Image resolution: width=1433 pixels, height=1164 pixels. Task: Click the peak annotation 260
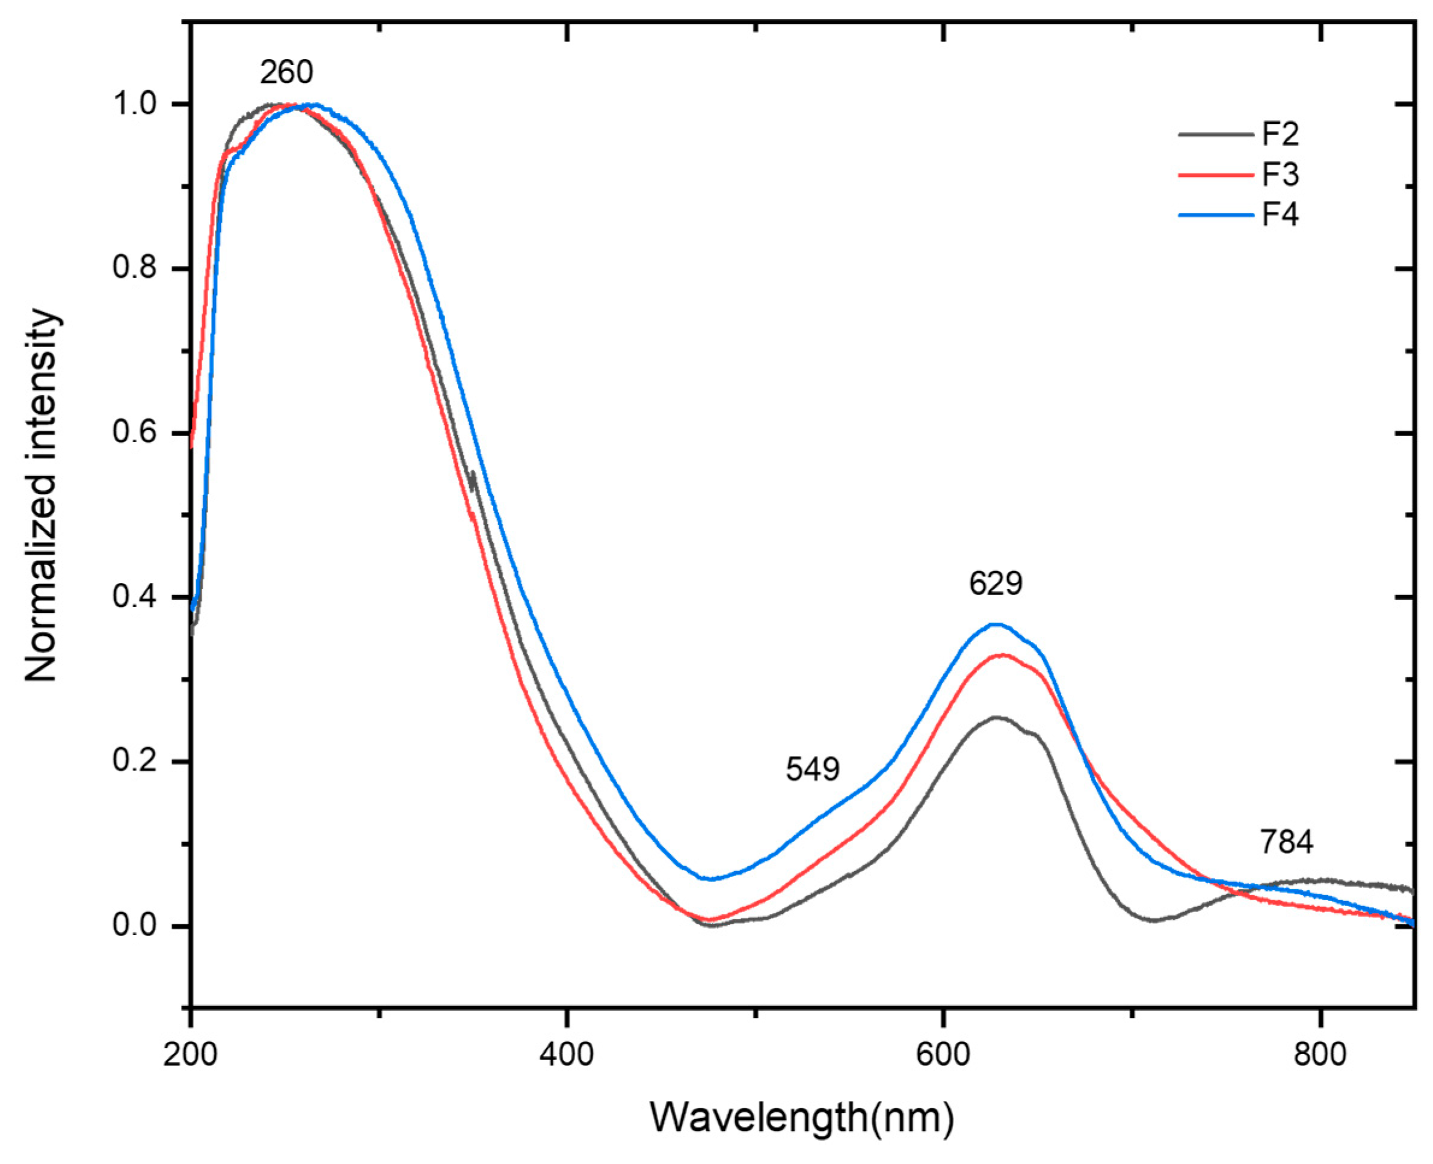(286, 72)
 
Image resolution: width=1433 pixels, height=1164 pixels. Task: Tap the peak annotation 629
(995, 584)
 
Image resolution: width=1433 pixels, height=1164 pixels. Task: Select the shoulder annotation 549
(812, 769)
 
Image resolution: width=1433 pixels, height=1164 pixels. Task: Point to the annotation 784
(1286, 842)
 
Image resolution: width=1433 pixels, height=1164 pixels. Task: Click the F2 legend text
(1280, 135)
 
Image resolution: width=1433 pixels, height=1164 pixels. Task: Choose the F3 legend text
(1280, 175)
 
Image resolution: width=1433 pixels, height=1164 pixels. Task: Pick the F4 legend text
(1280, 215)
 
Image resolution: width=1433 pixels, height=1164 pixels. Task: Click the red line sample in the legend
(1215, 175)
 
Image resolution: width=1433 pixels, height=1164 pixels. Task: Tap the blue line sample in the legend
(1215, 215)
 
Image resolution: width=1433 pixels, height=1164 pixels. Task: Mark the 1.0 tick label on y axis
(134, 105)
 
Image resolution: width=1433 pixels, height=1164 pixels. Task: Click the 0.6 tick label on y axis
(134, 433)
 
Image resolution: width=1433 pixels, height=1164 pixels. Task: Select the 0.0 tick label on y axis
(134, 925)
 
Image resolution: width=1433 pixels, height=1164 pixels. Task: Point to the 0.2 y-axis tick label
(134, 762)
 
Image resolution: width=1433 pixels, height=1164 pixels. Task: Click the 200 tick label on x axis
(191, 1055)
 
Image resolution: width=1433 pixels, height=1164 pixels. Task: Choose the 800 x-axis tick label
(1320, 1055)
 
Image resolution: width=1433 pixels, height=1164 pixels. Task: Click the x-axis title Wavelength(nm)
(801, 1117)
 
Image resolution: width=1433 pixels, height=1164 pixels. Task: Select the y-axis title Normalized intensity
(42, 496)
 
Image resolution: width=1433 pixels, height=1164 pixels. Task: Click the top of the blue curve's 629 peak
(996, 624)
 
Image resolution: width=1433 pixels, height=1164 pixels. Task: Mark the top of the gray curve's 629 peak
(996, 718)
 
